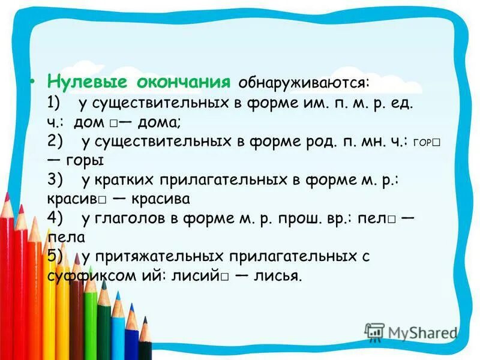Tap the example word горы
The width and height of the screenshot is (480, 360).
pos(85,161)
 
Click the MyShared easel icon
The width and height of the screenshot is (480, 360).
pos(374,332)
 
